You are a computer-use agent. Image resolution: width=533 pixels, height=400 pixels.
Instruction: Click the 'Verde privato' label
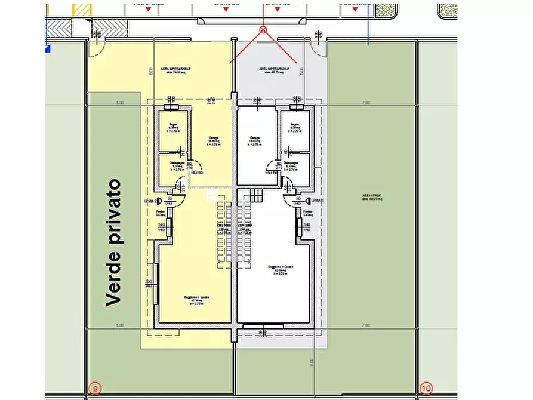tap(114, 242)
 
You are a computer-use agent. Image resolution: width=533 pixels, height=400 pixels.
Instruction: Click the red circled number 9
tap(95, 389)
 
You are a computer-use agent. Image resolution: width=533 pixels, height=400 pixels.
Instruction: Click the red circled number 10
tap(426, 389)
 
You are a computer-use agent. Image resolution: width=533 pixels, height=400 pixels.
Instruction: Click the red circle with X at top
tap(263, 29)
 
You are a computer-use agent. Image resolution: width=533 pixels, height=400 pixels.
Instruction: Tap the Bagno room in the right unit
tap(295, 130)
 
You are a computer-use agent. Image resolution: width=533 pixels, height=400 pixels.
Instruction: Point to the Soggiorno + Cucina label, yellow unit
tap(196, 300)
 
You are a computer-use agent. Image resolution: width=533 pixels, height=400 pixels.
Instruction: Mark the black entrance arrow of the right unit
tap(308, 201)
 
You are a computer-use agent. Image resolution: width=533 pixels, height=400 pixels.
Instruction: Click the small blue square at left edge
tap(47, 50)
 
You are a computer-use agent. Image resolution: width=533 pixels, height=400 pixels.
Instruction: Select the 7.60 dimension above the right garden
tap(365, 103)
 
